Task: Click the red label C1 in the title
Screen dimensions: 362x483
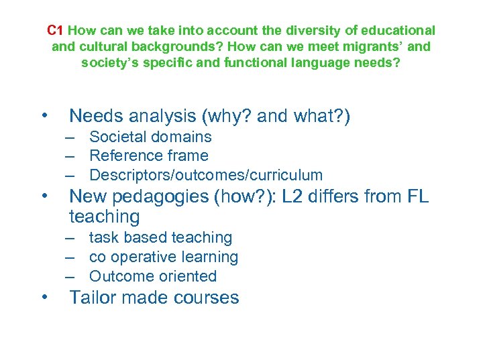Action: [x=56, y=31]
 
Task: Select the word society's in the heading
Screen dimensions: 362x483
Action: [x=109, y=63]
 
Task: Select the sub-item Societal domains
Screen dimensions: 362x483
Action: [x=150, y=137]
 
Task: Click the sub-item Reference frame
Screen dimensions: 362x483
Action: [x=148, y=156]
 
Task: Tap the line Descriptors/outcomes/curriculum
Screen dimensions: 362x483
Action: [x=206, y=176]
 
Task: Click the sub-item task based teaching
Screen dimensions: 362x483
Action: [x=160, y=238]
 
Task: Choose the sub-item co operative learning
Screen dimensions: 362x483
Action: [x=163, y=257]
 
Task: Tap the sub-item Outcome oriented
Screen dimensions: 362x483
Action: [x=152, y=276]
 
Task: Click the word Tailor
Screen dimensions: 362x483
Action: [x=92, y=298]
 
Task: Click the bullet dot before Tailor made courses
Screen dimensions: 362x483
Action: [x=45, y=297]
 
